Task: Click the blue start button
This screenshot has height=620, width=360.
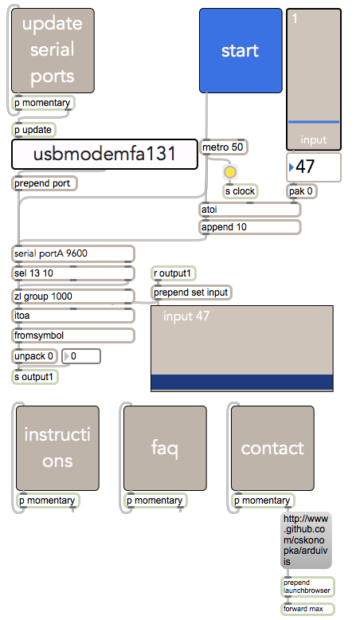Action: coord(241,51)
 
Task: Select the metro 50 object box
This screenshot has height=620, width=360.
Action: coord(224,147)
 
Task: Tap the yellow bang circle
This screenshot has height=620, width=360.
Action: coord(230,172)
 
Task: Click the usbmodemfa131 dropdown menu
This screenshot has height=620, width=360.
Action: coord(104,155)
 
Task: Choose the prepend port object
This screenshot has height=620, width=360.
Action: coord(45,183)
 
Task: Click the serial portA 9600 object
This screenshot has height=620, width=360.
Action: coord(73,253)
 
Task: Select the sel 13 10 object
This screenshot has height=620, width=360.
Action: coord(73,273)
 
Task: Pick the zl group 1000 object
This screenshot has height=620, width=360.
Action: coord(73,296)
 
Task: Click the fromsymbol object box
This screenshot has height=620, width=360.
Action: coord(73,336)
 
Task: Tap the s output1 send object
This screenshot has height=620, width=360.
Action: coord(35,377)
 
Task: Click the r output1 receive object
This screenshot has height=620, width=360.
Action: coord(174,273)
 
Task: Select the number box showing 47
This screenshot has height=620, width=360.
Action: coord(314,167)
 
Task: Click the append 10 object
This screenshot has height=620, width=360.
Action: coord(250,227)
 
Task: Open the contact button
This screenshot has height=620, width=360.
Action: coord(272,448)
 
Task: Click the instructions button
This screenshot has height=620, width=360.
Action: coord(57,448)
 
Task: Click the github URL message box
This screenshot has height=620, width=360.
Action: coord(307,540)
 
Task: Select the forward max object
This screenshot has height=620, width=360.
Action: coord(308,609)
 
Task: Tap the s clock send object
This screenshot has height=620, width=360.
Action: coord(241,191)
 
